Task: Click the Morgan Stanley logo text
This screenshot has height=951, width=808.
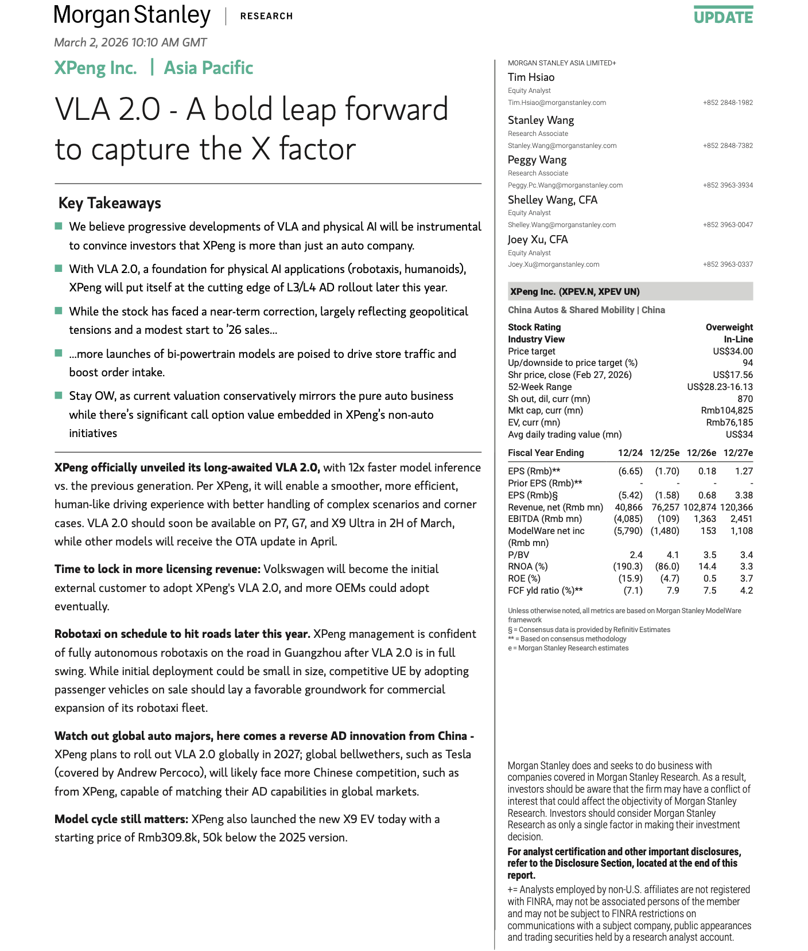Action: pyautogui.click(x=132, y=15)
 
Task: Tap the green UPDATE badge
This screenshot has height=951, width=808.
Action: pyautogui.click(x=723, y=17)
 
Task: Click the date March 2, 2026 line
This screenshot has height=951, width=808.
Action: pyautogui.click(x=130, y=42)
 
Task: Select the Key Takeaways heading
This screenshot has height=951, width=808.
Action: pyautogui.click(x=110, y=203)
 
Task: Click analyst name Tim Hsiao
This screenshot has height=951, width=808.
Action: pyautogui.click(x=531, y=77)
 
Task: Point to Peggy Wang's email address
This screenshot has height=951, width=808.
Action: pyautogui.click(x=565, y=185)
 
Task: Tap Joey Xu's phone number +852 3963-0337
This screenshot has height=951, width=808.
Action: pyautogui.click(x=728, y=264)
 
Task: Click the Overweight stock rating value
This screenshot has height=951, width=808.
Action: pyautogui.click(x=729, y=328)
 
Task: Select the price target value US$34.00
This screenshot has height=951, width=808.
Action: pyautogui.click(x=733, y=352)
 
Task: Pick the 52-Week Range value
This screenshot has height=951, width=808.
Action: pyautogui.click(x=720, y=387)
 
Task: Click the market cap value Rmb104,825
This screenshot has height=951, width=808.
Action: pyautogui.click(x=727, y=411)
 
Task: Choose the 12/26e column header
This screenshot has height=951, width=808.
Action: pyautogui.click(x=701, y=453)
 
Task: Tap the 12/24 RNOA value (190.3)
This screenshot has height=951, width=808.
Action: pyautogui.click(x=628, y=567)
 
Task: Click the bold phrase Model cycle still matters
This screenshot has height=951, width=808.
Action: pyautogui.click(x=121, y=819)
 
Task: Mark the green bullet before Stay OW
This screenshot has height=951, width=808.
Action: pyautogui.click(x=59, y=395)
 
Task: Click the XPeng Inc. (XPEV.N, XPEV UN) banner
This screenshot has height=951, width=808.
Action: pyautogui.click(x=574, y=291)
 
